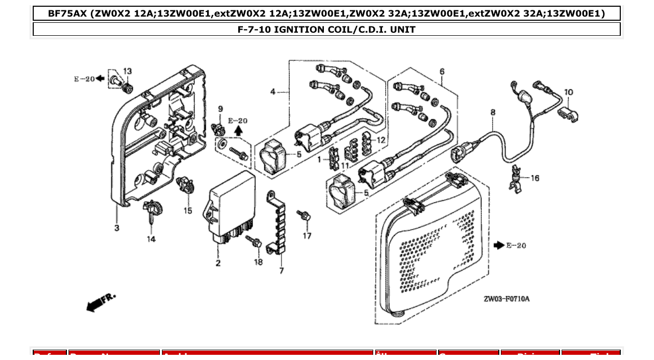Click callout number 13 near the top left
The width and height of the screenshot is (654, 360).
[x=127, y=72]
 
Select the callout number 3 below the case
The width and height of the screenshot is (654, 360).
[x=117, y=228]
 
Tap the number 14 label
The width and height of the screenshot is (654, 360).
[x=151, y=239]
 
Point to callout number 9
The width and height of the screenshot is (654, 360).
[x=220, y=109]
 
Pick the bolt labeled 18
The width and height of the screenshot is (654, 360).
[x=254, y=241]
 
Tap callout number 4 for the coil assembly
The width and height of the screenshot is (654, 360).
[x=272, y=92]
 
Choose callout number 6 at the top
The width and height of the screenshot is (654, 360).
[x=442, y=72]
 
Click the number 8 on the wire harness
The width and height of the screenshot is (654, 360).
[x=493, y=112]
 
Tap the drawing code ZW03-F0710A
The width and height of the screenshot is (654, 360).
[x=507, y=299]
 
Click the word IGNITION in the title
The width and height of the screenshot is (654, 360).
[x=298, y=30]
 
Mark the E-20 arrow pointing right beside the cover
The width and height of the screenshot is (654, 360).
[x=499, y=245]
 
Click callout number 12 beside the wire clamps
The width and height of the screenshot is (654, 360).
[x=381, y=140]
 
